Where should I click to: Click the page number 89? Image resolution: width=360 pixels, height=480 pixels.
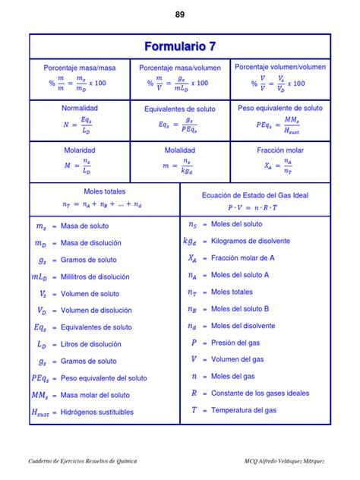180,14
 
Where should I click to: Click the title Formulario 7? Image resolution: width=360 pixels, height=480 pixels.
180,47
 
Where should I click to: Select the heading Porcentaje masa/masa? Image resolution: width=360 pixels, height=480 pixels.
80,68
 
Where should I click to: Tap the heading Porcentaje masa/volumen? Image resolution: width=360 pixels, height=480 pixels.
180,68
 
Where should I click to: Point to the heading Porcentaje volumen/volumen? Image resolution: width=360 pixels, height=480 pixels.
280,67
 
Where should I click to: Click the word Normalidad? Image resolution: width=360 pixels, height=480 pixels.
80,108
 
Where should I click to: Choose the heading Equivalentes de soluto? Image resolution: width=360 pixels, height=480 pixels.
180,109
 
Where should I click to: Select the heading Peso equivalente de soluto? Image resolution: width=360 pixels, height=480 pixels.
280,108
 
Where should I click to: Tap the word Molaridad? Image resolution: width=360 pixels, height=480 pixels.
80,150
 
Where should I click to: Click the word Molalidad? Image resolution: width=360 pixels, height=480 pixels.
180,150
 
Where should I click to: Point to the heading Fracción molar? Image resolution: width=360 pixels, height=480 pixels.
280,150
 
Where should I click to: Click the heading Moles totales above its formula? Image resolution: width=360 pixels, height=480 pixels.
105,191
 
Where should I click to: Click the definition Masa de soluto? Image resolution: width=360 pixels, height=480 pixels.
84,226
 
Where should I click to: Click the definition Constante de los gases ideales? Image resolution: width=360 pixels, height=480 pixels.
260,393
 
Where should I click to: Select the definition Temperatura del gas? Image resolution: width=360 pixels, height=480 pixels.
244,410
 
